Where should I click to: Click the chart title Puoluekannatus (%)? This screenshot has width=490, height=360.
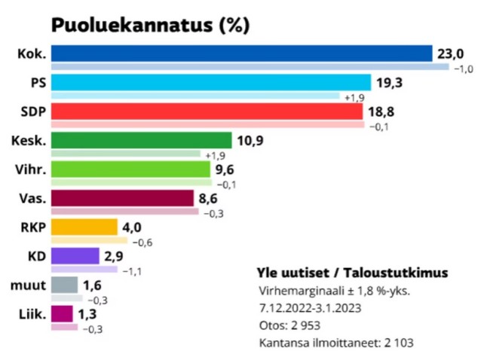pos(149,26)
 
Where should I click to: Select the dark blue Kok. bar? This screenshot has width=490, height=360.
pos(241,53)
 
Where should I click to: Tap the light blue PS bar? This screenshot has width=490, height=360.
pos(211,83)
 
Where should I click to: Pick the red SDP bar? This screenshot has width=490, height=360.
pos(207,111)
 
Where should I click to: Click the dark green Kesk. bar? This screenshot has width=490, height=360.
pos(141,140)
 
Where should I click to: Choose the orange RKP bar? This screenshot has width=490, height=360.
pos(84,227)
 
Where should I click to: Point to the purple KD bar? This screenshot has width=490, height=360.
pos(75,256)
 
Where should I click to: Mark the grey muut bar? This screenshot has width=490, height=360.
pos(65,285)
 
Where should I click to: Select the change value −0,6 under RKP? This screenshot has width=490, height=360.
pos(142,242)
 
